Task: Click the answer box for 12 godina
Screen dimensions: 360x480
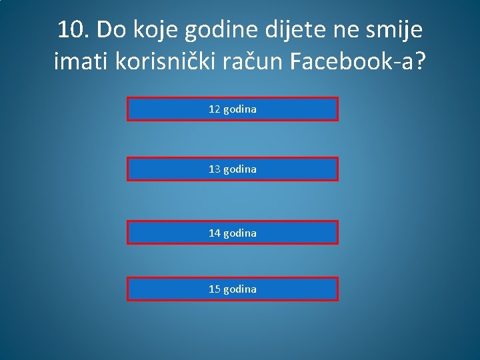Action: (x=233, y=109)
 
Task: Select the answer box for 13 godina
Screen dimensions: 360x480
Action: (x=233, y=169)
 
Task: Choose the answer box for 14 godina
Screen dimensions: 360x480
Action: (x=233, y=233)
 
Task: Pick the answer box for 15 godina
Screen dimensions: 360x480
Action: (x=233, y=289)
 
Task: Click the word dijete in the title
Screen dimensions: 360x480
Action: (x=294, y=30)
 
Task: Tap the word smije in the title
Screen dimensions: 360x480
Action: (x=395, y=30)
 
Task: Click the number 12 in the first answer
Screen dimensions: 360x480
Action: (x=215, y=109)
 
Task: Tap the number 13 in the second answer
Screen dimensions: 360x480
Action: (x=215, y=169)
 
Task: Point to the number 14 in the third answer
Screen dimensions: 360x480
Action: (x=215, y=233)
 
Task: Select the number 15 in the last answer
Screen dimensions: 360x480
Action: (x=215, y=289)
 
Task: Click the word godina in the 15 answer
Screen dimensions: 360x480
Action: (x=240, y=289)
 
